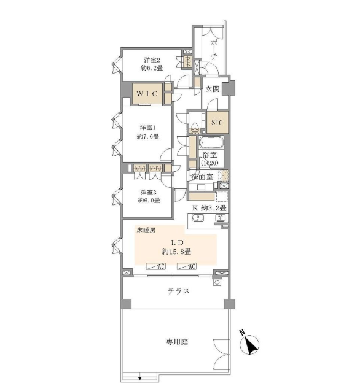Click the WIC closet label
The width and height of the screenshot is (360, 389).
(147, 94)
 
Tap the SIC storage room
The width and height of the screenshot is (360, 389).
(217, 122)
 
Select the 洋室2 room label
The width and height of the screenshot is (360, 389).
(152, 60)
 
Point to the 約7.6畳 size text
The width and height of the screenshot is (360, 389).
(147, 136)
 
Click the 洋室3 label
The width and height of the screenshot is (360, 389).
(148, 192)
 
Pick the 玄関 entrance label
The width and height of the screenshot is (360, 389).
(213, 88)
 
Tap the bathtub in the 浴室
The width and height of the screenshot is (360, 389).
(211, 142)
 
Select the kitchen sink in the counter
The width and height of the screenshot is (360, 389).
(198, 218)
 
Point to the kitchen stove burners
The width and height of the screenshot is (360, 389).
(221, 218)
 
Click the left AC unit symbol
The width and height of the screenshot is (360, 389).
(155, 266)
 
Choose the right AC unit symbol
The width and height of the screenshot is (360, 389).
(186, 266)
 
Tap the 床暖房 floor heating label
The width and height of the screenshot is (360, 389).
(146, 230)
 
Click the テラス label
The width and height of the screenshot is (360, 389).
(178, 291)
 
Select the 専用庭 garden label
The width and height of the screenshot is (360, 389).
(177, 342)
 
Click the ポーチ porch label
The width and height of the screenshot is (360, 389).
(214, 49)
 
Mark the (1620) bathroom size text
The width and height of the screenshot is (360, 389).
(209, 163)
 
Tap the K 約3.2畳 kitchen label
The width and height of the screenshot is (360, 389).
(209, 207)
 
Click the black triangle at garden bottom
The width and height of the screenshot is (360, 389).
(139, 379)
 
